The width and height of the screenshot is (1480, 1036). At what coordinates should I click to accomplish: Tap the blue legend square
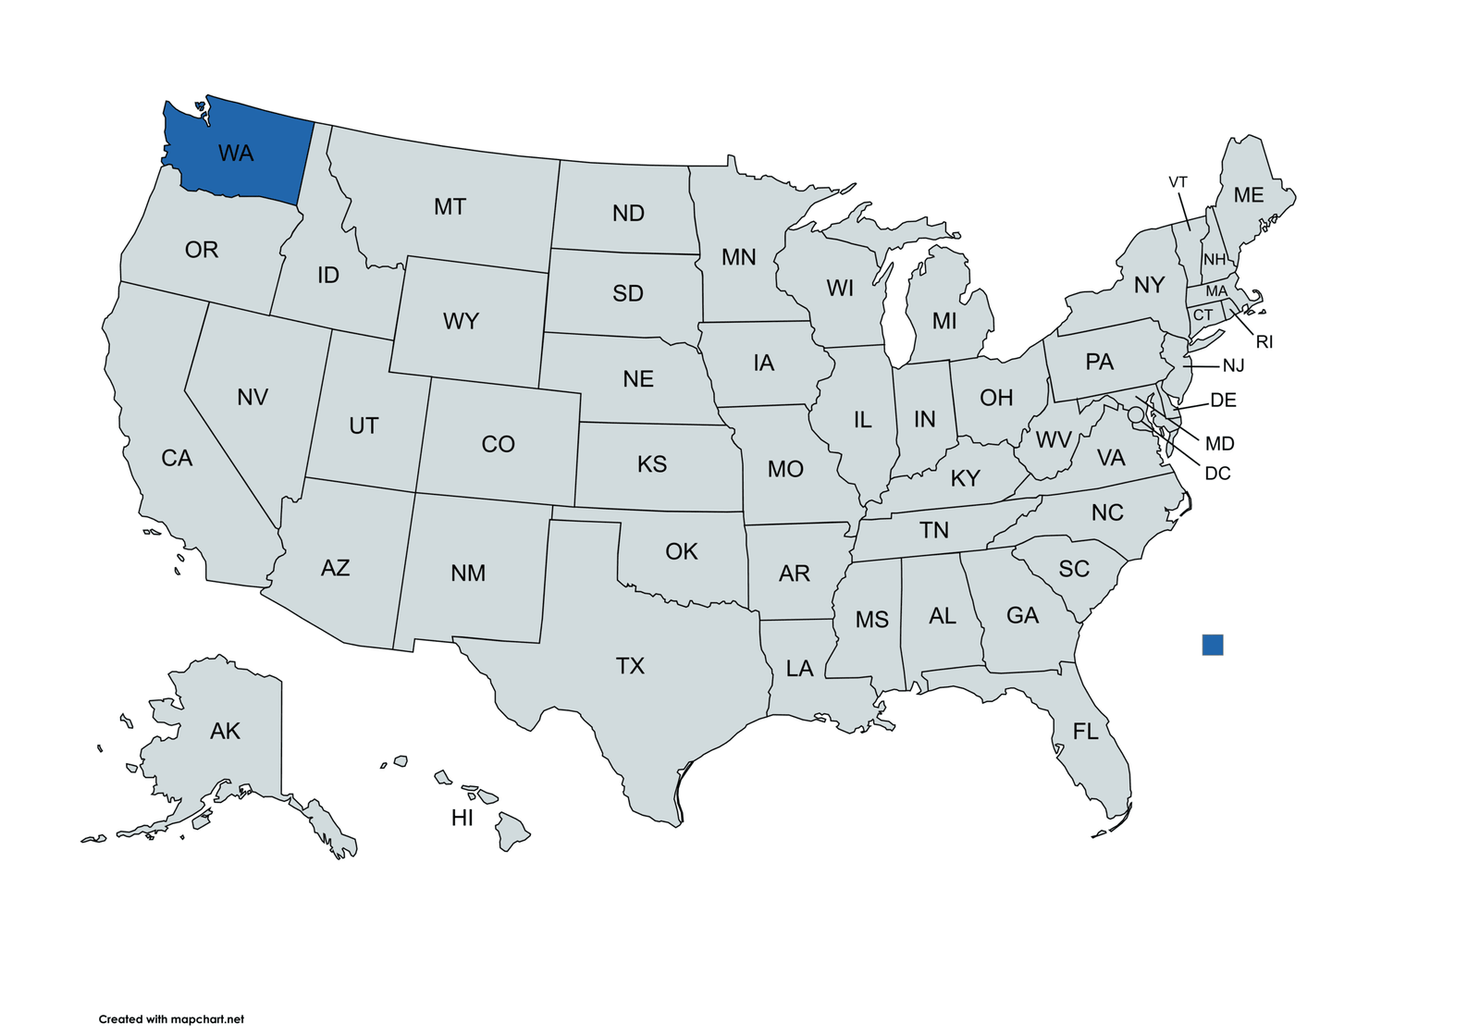pyautogui.click(x=1212, y=645)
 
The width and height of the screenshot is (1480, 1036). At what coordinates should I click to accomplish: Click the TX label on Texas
pyautogui.click(x=630, y=666)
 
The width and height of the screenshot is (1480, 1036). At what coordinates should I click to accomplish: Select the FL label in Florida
pyautogui.click(x=1085, y=732)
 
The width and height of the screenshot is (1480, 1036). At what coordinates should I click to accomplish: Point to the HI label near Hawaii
pyautogui.click(x=462, y=818)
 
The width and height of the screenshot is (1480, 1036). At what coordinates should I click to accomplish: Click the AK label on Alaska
pyautogui.click(x=225, y=732)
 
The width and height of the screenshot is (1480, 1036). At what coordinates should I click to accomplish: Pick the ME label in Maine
pyautogui.click(x=1249, y=195)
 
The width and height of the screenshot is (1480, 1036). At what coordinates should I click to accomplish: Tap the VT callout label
pyautogui.click(x=1178, y=182)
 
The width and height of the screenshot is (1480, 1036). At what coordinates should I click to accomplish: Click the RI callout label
pyautogui.click(x=1264, y=342)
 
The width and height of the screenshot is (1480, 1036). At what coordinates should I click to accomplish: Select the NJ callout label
pyautogui.click(x=1233, y=366)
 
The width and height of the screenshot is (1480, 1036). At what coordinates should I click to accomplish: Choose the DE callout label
pyautogui.click(x=1223, y=401)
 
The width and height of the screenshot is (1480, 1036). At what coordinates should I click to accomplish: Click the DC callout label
pyautogui.click(x=1217, y=474)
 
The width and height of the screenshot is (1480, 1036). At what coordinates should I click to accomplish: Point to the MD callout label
pyautogui.click(x=1219, y=444)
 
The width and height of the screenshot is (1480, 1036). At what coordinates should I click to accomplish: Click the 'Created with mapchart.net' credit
pyautogui.click(x=171, y=1019)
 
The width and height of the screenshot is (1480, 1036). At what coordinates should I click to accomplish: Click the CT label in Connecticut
pyautogui.click(x=1202, y=315)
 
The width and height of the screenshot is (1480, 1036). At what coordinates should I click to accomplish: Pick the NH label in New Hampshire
pyautogui.click(x=1214, y=260)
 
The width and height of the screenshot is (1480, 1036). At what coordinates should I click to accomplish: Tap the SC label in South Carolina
pyautogui.click(x=1074, y=569)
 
